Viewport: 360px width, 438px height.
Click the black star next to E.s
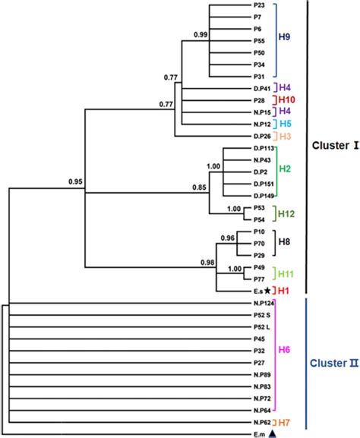click(x=267, y=290)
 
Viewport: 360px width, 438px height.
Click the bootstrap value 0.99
click(x=201, y=35)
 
